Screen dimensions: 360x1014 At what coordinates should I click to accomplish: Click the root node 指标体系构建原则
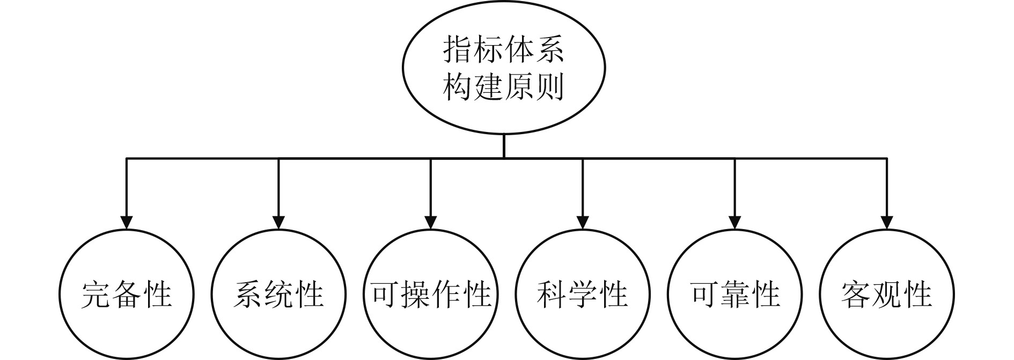click(503, 69)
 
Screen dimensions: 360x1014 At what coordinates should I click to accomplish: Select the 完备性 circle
click(126, 294)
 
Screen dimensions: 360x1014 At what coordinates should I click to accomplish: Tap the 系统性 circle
click(278, 294)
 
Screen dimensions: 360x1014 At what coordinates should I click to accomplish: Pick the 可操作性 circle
click(431, 294)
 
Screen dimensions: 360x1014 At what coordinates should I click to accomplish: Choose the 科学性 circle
click(583, 294)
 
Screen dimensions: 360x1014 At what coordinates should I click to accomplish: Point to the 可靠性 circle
click(735, 294)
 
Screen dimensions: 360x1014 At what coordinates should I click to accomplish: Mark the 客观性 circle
click(887, 294)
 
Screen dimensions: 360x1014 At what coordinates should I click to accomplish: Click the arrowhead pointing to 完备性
click(126, 222)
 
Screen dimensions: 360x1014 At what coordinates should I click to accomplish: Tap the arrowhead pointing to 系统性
click(278, 222)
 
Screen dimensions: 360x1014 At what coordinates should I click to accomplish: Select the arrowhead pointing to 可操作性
click(431, 222)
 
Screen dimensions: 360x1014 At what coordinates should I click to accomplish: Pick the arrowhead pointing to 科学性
click(583, 222)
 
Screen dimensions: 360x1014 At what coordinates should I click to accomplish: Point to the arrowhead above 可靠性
click(735, 222)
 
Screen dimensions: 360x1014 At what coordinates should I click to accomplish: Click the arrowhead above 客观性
click(887, 222)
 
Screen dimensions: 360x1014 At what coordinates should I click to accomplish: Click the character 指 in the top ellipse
click(458, 50)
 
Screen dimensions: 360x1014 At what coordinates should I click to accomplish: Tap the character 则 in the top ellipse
click(549, 87)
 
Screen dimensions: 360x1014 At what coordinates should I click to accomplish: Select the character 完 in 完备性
click(95, 295)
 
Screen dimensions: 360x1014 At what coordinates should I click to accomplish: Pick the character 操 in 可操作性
click(416, 295)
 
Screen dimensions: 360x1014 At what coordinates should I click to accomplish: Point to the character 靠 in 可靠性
click(735, 295)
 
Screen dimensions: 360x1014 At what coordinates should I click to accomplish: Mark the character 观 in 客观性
click(887, 295)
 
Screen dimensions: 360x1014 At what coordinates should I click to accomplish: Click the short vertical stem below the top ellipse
click(503, 146)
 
